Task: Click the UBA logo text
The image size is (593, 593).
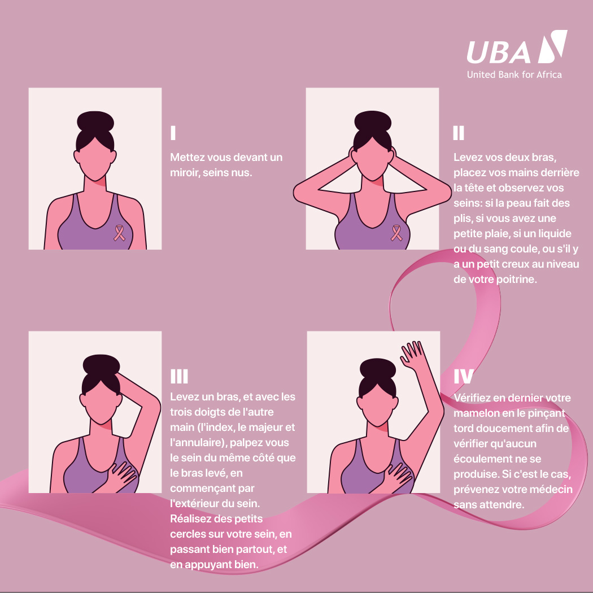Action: (x=499, y=52)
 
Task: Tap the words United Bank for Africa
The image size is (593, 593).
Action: (x=514, y=75)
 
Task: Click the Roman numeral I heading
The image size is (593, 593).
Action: (x=173, y=133)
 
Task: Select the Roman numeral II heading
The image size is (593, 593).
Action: (x=459, y=133)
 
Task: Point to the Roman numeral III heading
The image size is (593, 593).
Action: (x=179, y=377)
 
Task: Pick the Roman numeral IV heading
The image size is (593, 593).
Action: (x=463, y=377)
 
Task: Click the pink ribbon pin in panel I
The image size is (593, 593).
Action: (x=120, y=233)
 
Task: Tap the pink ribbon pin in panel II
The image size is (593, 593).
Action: (x=398, y=232)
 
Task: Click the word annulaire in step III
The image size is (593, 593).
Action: (x=194, y=443)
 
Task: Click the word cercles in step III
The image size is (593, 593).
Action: (x=187, y=534)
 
